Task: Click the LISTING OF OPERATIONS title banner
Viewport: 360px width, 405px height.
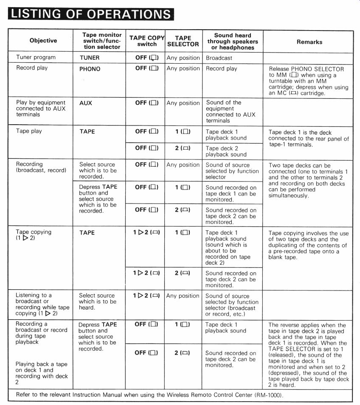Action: [91, 14]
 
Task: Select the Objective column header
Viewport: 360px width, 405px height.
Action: [43, 41]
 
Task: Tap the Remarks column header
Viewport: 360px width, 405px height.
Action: [309, 42]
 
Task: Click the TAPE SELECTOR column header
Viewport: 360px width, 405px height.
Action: [183, 41]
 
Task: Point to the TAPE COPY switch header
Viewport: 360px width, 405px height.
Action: [146, 41]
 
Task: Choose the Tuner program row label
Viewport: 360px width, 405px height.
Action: [36, 57]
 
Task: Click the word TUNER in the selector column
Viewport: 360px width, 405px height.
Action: [89, 57]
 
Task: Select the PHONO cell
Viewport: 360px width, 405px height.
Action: [90, 68]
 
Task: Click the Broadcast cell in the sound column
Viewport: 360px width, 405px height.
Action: [219, 58]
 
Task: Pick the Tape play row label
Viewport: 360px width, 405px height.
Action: [29, 131]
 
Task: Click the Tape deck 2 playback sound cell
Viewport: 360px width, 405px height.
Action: [226, 151]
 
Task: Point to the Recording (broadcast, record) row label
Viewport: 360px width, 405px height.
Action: [41, 167]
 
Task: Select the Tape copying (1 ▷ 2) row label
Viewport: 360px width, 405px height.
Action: [34, 235]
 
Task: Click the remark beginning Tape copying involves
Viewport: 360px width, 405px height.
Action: [308, 242]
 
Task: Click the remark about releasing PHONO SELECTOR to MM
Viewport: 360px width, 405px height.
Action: [309, 81]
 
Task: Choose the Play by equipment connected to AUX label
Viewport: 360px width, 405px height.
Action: [41, 109]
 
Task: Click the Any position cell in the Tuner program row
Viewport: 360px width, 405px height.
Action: [183, 58]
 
